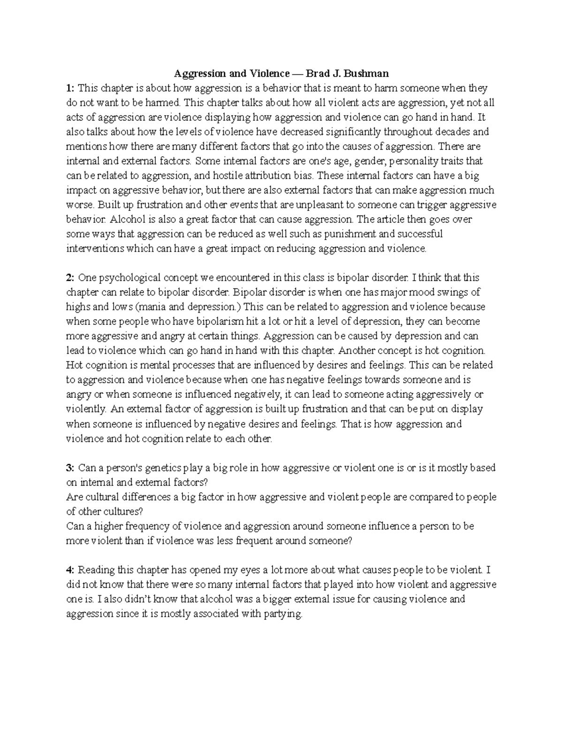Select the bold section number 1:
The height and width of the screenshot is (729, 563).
pos(70,88)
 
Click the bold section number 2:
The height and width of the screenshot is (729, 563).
pos(70,278)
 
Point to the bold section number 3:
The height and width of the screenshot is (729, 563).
pos(70,468)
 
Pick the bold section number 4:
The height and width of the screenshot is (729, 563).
pos(70,570)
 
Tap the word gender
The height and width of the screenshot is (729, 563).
pos(371,161)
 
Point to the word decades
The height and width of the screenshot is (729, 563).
pos(453,132)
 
